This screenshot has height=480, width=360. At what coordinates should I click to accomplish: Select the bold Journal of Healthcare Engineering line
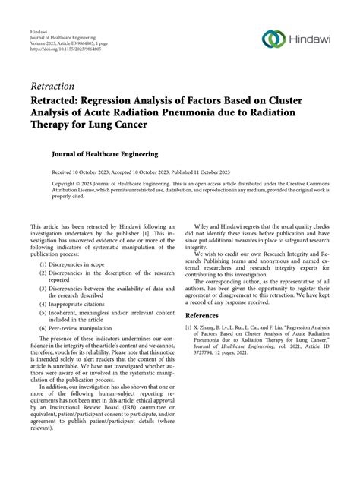tap(105, 154)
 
